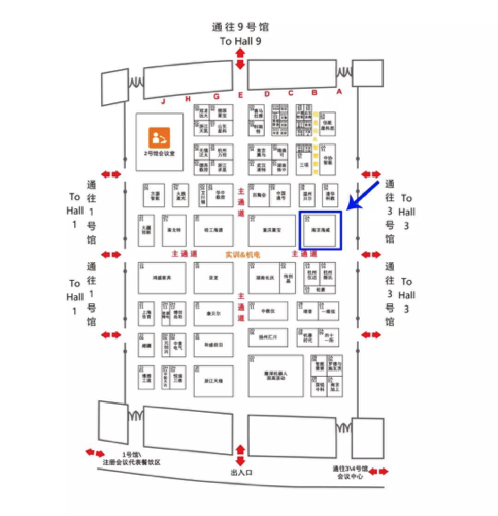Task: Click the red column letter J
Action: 163,101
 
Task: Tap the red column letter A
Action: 339,91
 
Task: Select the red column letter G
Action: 217,96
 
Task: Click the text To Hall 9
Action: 240,41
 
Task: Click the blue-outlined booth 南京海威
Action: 320,231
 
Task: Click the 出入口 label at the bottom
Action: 240,472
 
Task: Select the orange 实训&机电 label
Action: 242,254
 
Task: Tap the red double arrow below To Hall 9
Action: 240,58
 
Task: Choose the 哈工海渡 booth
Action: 213,230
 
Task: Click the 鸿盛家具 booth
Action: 161,278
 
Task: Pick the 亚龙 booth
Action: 213,278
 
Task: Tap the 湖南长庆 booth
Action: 264,278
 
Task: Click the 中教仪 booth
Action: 268,311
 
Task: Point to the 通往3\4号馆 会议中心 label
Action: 350,472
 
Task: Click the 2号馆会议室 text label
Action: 159,154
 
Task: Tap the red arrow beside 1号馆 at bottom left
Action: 95,453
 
